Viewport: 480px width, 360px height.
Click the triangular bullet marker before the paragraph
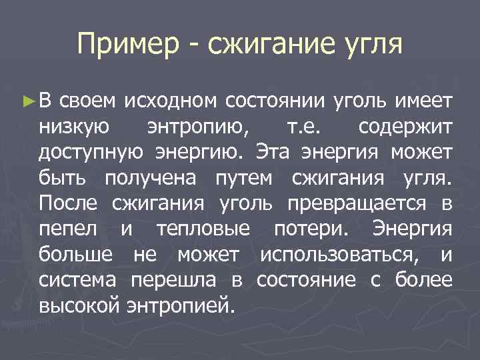(27, 102)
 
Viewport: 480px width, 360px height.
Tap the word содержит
(405, 127)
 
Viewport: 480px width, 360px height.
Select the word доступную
(90, 153)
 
